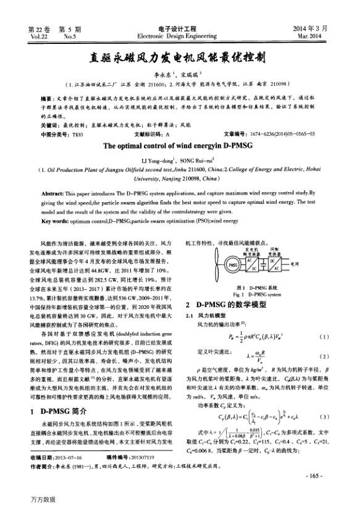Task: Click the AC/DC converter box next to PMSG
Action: pos(254,264)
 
